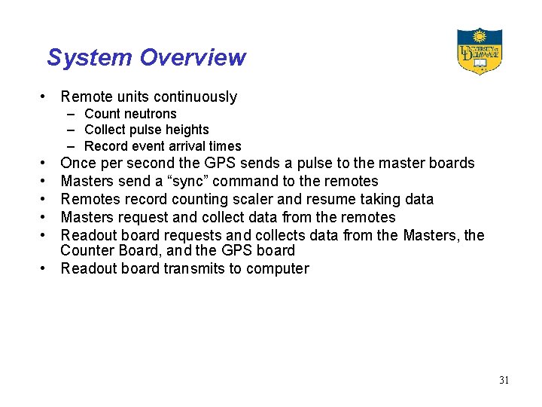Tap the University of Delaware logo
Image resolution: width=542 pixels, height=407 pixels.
coord(480,51)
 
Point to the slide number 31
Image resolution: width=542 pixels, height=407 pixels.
coord(504,380)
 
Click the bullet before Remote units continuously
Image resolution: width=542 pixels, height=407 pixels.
coord(46,96)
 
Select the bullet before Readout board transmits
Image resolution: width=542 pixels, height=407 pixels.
coord(46,269)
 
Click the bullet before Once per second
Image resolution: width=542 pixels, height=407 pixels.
coord(46,163)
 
